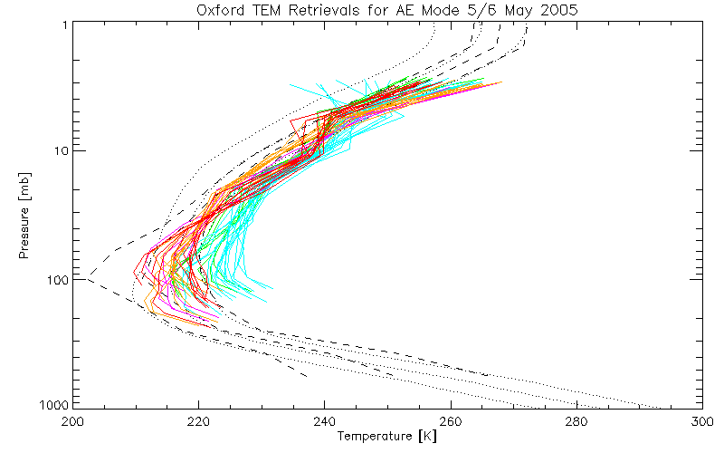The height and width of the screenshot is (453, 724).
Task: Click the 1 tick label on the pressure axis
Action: click(x=65, y=24)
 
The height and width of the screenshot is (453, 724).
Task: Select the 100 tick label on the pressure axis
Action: click(x=58, y=278)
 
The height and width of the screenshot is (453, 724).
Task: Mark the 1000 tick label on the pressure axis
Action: click(x=54, y=404)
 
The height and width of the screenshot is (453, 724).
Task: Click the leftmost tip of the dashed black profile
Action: click(x=88, y=276)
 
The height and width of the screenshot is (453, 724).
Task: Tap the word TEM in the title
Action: click(x=262, y=10)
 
